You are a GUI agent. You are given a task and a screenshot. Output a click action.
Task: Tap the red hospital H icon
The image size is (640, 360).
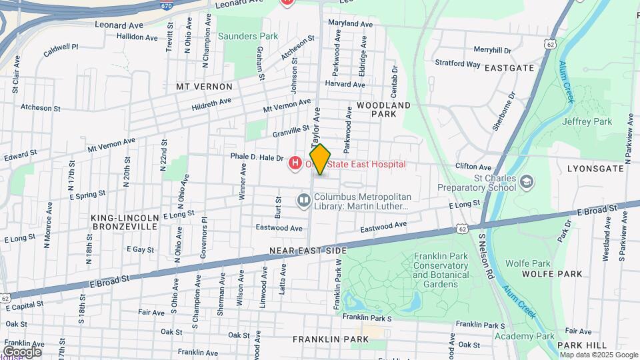[x=294, y=163]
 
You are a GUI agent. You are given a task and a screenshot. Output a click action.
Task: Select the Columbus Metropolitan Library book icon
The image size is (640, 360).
[x=304, y=200]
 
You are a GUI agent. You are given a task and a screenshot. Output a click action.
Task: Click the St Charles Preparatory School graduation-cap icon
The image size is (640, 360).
[x=527, y=182]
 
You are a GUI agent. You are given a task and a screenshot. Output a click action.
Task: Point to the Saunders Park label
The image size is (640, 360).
[x=241, y=36]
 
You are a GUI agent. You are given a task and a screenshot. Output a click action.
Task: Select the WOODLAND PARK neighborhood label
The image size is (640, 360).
[x=383, y=109]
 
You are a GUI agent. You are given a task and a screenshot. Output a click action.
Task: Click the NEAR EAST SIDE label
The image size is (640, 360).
[x=308, y=250]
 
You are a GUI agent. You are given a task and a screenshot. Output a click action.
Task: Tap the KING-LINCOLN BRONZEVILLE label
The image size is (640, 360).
[x=125, y=222]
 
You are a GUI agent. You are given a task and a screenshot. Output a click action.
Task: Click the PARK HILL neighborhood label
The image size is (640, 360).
[x=582, y=345]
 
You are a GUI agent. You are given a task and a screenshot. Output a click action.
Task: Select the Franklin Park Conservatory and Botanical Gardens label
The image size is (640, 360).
[x=441, y=270]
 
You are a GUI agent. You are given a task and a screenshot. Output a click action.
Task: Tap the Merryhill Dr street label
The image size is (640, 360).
[x=492, y=50]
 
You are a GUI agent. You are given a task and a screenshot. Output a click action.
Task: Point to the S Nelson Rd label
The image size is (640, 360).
[x=485, y=256]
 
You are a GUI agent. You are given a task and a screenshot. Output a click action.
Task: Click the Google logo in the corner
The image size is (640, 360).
[x=22, y=351]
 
